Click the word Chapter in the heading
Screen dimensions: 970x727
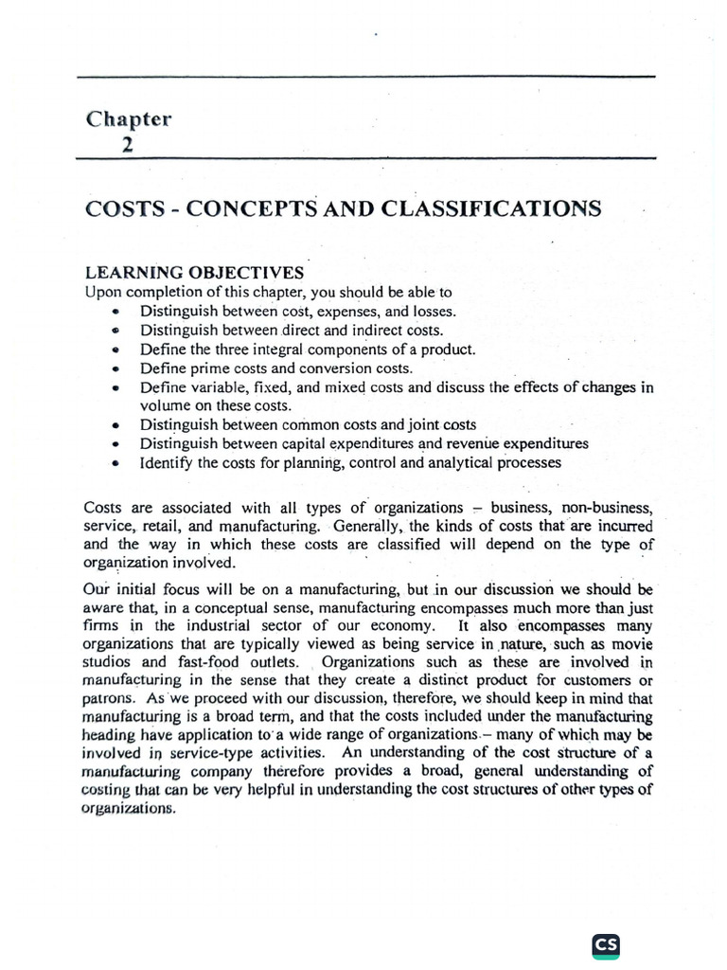[129, 119]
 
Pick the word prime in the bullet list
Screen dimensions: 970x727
[207, 368]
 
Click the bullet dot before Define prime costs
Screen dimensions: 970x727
[115, 369]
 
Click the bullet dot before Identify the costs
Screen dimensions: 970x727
[115, 464]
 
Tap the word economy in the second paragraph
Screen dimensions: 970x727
[373, 626]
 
